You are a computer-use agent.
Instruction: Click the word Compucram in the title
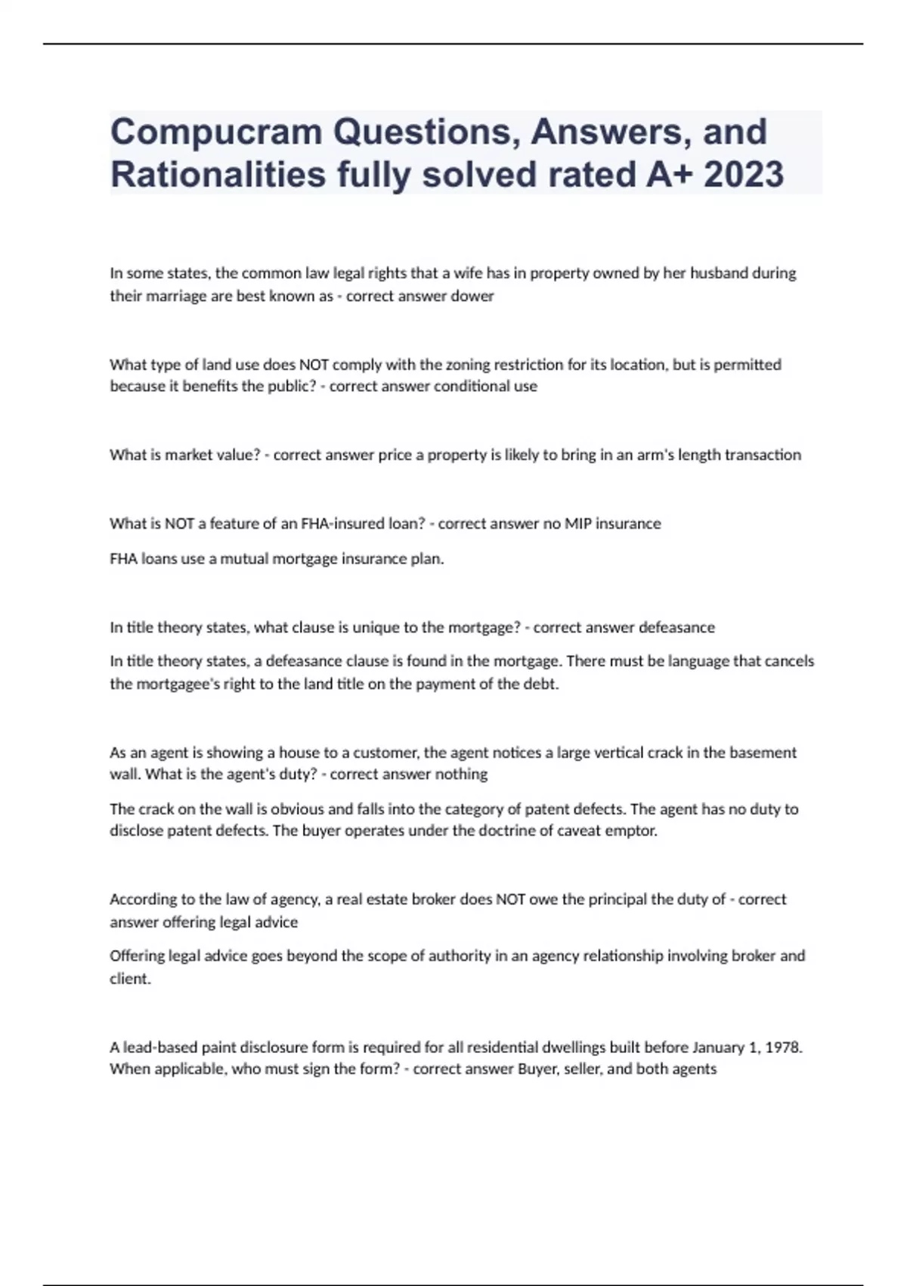coord(216,132)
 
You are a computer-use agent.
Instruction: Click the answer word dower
coord(472,296)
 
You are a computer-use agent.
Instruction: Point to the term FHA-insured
coord(352,523)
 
